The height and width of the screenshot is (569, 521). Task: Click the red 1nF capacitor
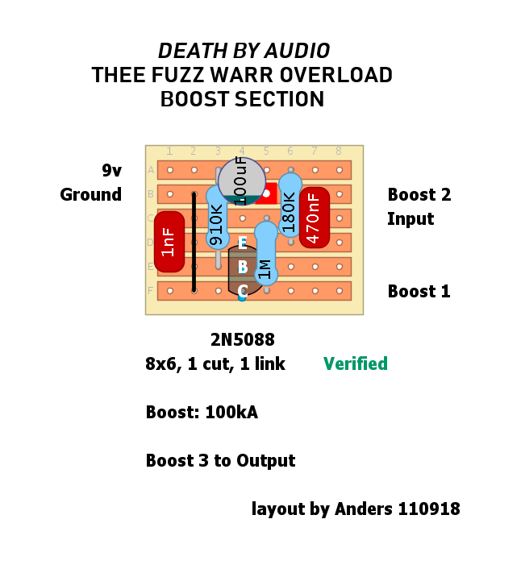coord(169,241)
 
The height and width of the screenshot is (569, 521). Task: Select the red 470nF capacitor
coord(314,216)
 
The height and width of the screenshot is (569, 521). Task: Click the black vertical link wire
coord(194,242)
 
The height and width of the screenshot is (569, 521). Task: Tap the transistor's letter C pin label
coord(242,292)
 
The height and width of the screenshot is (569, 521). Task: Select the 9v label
coord(111,170)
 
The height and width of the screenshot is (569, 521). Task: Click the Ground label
coord(90,194)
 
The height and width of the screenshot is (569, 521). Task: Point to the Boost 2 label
coord(419,194)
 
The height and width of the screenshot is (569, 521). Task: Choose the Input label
coord(411,218)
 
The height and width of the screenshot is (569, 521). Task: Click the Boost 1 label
coord(419,291)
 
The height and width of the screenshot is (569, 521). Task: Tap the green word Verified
coord(355,363)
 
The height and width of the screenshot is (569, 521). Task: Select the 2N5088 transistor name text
coord(242,339)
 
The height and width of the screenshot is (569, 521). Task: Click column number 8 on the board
coord(339,151)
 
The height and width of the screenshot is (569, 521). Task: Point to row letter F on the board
coord(151,291)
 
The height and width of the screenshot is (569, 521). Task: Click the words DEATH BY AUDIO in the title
coord(244,51)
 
